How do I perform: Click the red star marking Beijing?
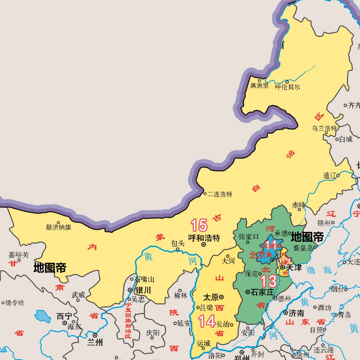(269, 254)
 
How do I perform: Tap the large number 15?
(199, 225)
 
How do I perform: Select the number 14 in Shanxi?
(207, 321)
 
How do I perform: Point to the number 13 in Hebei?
(268, 281)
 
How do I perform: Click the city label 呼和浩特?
(204, 238)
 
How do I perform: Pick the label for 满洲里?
(259, 85)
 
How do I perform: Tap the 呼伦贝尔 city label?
(287, 87)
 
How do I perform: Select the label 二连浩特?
(220, 194)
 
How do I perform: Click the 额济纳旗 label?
(58, 227)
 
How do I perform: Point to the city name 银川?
(143, 290)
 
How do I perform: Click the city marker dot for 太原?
(221, 297)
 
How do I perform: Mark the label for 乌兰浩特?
(324, 128)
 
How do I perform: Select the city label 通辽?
(330, 176)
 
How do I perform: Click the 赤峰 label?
(299, 205)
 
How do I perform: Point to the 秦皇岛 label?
(303, 248)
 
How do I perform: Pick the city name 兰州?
(95, 342)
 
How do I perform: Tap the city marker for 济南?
(286, 313)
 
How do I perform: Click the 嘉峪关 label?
(18, 255)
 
